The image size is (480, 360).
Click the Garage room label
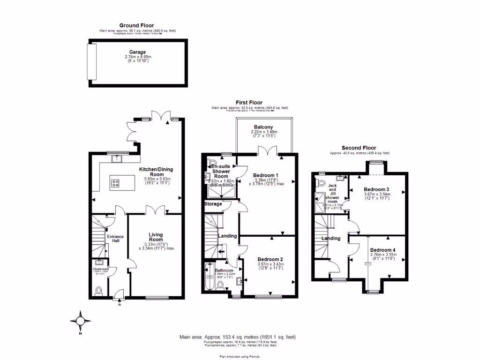click(x=137, y=52)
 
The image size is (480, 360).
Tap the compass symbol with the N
click(x=80, y=321)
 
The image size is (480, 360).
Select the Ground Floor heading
click(x=136, y=25)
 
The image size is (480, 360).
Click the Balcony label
click(x=263, y=127)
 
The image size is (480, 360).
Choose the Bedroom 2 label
click(x=270, y=259)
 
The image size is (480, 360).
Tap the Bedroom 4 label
click(x=382, y=250)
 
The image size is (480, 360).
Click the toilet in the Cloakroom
click(x=99, y=292)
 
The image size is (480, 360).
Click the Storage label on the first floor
click(x=213, y=204)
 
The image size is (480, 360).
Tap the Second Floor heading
click(x=359, y=148)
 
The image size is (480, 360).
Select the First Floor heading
click(x=249, y=102)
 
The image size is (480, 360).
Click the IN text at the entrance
click(x=119, y=305)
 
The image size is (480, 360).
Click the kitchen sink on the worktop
click(x=115, y=159)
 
